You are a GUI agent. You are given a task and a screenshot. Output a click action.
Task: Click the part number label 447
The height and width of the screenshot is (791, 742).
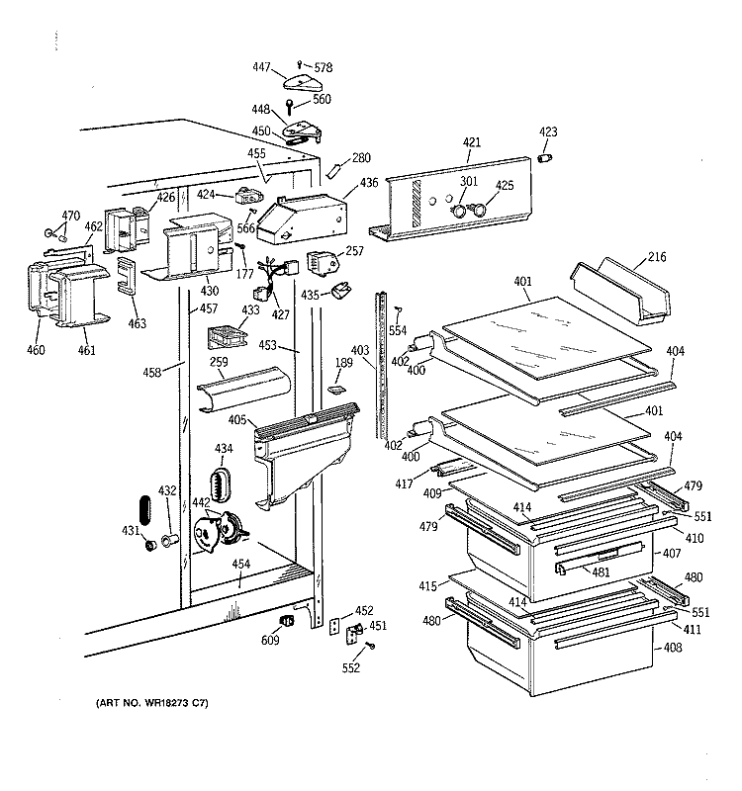261,66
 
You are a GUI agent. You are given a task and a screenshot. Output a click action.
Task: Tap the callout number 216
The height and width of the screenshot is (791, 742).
657,257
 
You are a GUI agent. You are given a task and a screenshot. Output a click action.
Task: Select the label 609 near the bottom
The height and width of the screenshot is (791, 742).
270,640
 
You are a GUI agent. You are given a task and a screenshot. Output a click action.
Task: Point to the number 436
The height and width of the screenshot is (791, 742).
369,183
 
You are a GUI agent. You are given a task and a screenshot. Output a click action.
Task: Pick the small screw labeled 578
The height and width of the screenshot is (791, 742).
300,64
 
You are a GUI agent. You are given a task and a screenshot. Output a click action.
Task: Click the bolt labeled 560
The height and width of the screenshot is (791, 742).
289,106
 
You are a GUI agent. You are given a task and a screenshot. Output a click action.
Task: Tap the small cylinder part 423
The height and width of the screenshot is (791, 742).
545,158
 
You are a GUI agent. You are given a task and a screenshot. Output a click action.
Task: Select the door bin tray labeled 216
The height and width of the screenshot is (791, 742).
620,291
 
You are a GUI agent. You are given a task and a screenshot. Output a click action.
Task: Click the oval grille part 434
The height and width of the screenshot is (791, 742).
220,484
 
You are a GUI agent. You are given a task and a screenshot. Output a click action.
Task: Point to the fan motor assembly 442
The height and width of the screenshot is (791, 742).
220,531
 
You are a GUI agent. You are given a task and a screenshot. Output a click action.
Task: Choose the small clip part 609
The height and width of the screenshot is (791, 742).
287,621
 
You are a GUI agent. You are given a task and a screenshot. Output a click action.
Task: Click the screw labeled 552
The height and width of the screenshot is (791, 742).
371,646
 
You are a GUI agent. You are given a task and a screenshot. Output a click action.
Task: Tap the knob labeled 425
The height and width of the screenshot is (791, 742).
479,209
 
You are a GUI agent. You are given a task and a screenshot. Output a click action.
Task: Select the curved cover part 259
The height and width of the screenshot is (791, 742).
243,389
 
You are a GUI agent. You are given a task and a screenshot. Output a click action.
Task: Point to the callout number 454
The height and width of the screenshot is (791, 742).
240,564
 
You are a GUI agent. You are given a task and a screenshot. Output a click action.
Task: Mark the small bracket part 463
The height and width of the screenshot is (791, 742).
127,275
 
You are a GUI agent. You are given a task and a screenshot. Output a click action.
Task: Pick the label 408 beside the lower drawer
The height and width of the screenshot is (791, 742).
673,647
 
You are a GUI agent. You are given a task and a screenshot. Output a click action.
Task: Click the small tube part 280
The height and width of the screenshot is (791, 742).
333,171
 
